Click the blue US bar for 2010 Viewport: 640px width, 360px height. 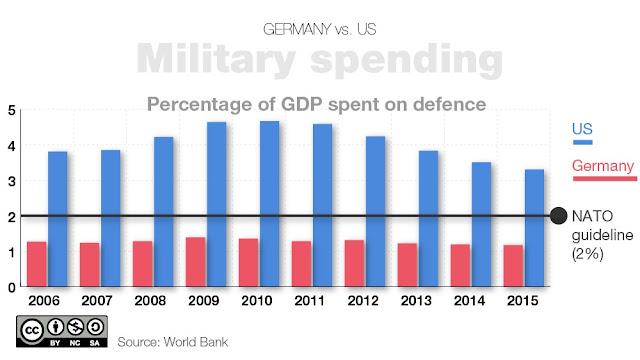(270, 204)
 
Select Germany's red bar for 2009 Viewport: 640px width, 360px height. (196, 262)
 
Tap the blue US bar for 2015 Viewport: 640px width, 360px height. (534, 228)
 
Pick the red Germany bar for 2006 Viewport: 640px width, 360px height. (37, 264)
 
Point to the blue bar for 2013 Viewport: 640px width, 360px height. (429, 218)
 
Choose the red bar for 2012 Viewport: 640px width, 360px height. (354, 263)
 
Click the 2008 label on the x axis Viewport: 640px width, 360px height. (150, 301)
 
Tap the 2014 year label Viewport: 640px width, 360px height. (469, 301)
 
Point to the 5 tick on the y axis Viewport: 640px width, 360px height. (11, 111)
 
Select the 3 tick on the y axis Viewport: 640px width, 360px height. (11, 181)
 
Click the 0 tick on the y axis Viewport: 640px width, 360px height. (11, 288)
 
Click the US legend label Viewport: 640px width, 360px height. (582, 129)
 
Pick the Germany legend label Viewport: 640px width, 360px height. (603, 166)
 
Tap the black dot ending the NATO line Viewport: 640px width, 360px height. (558, 216)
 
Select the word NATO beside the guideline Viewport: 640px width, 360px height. (592, 216)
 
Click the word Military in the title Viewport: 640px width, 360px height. (216, 59)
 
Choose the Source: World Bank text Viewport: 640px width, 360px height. (173, 342)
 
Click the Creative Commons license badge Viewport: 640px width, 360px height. (62, 331)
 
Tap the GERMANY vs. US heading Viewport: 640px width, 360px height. (320, 29)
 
